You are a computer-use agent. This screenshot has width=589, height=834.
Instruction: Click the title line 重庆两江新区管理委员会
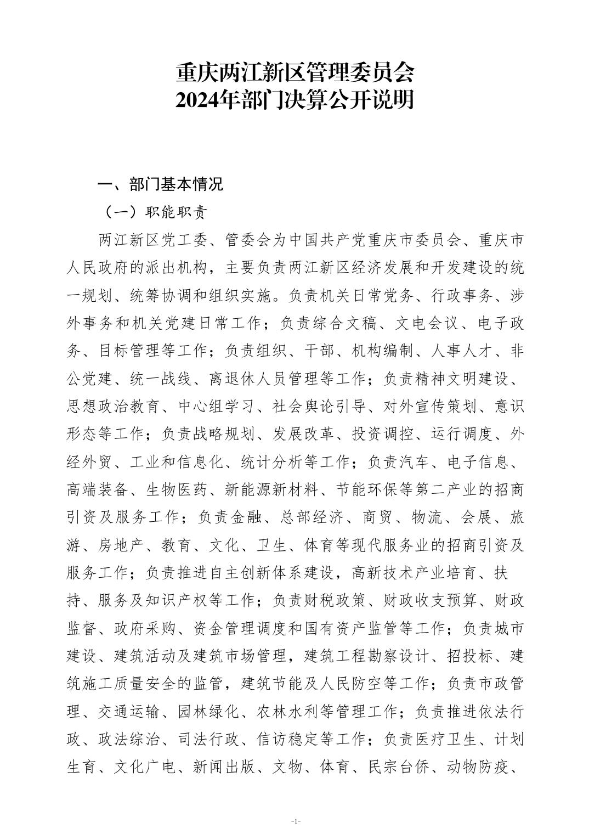pos(294,72)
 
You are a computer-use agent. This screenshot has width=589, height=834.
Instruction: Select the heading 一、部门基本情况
pos(160,184)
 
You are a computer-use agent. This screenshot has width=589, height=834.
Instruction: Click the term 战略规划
pos(224,434)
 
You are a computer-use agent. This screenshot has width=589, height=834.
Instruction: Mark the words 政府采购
pos(145,628)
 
